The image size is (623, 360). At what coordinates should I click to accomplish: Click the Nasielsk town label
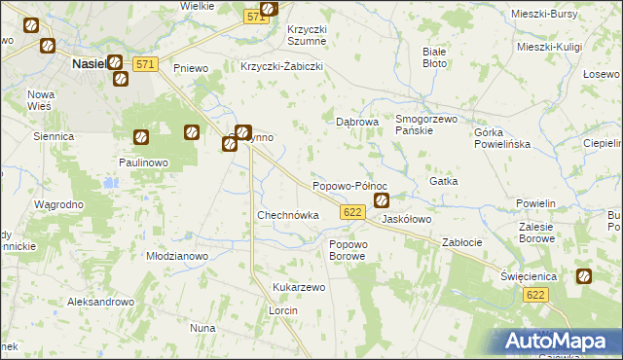pyautogui.click(x=88, y=63)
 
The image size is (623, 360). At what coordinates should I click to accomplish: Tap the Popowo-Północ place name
pyautogui.click(x=349, y=185)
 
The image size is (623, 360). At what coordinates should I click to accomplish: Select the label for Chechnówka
pyautogui.click(x=287, y=215)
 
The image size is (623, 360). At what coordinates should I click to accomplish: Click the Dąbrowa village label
pyautogui.click(x=356, y=123)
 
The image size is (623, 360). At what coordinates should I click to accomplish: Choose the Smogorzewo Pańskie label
pyautogui.click(x=425, y=125)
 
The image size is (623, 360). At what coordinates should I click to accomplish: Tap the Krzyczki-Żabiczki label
pyautogui.click(x=281, y=67)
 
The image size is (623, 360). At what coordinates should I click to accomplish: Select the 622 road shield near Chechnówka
pyautogui.click(x=352, y=212)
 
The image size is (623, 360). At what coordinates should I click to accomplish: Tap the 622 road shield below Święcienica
pyautogui.click(x=533, y=295)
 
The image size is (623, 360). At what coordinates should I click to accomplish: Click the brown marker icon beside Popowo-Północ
pyautogui.click(x=382, y=201)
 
